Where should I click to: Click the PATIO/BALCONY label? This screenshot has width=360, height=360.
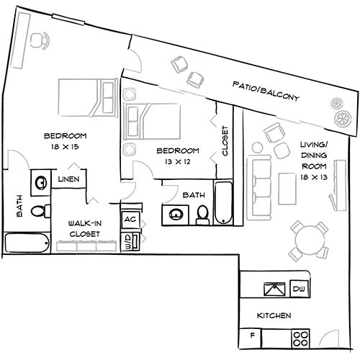pyautogui.click(x=266, y=91)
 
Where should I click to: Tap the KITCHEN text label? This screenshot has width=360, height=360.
pyautogui.click(x=274, y=315)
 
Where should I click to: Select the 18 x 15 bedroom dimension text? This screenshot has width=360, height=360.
pyautogui.click(x=66, y=146)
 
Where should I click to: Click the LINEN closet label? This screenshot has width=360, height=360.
pyautogui.click(x=69, y=179)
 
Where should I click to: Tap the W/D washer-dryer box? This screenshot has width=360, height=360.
pyautogui.click(x=128, y=240)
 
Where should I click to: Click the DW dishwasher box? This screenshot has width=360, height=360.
pyautogui.click(x=298, y=289)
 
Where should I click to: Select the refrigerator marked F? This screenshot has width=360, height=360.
pyautogui.click(x=252, y=336)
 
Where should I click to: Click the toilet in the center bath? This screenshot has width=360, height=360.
pyautogui.click(x=203, y=214)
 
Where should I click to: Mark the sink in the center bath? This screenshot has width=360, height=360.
pyautogui.click(x=175, y=214)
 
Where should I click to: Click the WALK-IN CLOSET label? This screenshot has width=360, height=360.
pyautogui.click(x=84, y=228)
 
